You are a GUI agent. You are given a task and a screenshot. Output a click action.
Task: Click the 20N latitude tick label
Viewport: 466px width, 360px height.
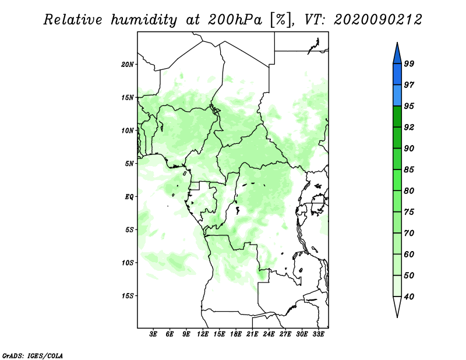pos(128,64)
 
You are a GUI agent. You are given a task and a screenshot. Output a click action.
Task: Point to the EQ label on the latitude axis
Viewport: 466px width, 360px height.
pos(129,196)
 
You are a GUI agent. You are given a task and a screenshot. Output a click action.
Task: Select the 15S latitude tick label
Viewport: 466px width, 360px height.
pos(128,296)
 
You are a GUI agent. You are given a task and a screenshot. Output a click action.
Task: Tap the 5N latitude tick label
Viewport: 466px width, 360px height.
pos(129,164)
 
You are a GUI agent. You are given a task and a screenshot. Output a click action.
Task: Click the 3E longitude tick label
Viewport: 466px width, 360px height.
pos(153,334)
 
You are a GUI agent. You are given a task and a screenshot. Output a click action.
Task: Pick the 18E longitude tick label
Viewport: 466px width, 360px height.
pos(235,334)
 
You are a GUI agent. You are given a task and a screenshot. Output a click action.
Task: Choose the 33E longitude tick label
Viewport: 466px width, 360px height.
pos(318,334)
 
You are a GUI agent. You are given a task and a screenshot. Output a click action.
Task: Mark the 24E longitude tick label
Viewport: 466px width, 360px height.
pos(269,334)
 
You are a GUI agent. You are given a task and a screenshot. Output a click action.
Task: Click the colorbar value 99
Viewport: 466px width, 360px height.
pos(409,63)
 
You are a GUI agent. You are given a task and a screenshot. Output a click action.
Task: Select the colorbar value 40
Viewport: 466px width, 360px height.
pos(409,297)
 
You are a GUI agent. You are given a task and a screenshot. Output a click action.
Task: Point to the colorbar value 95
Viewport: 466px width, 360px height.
pos(409,106)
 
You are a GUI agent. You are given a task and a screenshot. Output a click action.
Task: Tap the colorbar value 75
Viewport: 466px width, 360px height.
pos(409,212)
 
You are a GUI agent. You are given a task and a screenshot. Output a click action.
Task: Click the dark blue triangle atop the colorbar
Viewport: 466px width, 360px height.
pos(397,53)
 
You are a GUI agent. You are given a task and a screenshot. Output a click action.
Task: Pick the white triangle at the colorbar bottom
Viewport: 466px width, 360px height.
pos(397,306)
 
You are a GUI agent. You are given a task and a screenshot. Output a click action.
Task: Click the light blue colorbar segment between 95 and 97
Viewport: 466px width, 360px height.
pos(397,96)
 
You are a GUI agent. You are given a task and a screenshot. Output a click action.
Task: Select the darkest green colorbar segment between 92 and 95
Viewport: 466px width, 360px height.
pos(397,117)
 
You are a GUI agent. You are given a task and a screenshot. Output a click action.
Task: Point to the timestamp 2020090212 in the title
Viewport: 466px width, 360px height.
pos(377,19)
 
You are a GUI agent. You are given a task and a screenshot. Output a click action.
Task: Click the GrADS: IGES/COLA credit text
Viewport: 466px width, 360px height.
pos(33,354)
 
